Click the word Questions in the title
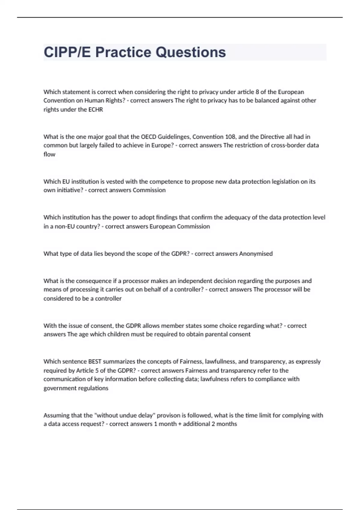(x=190, y=52)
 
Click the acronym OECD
(x=148, y=137)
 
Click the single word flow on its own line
(x=49, y=154)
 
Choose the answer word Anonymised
(x=256, y=254)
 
